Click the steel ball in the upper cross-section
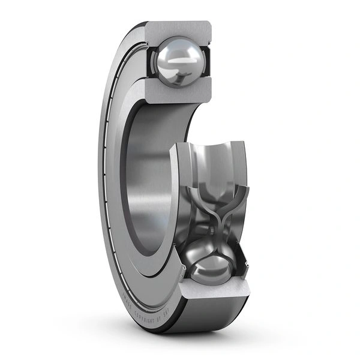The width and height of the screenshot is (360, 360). [178, 61]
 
